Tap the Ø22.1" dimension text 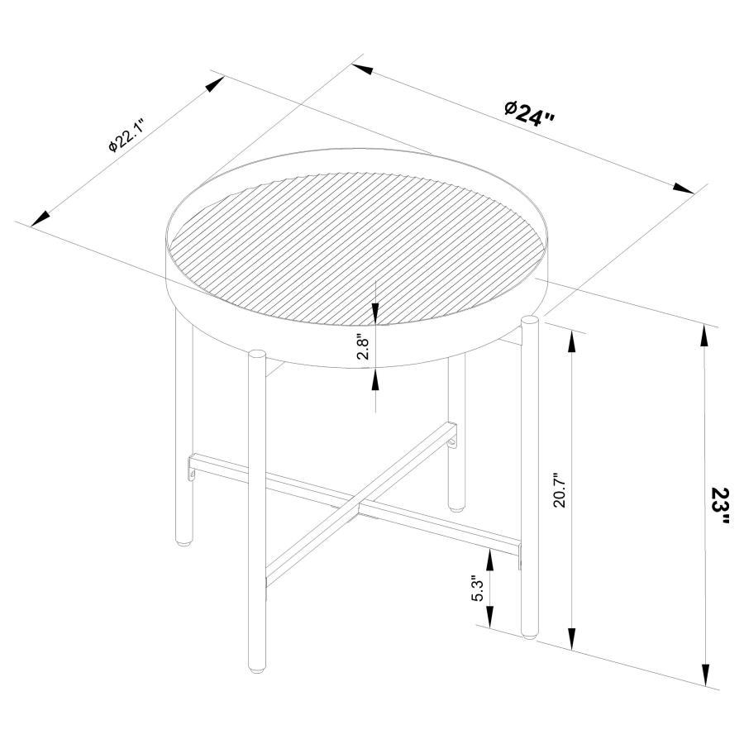point(126,136)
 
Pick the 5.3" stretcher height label point(478,588)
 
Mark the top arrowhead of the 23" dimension point(704,337)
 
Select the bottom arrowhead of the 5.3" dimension point(489,617)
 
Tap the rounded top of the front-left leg point(258,355)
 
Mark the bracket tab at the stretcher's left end point(192,474)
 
